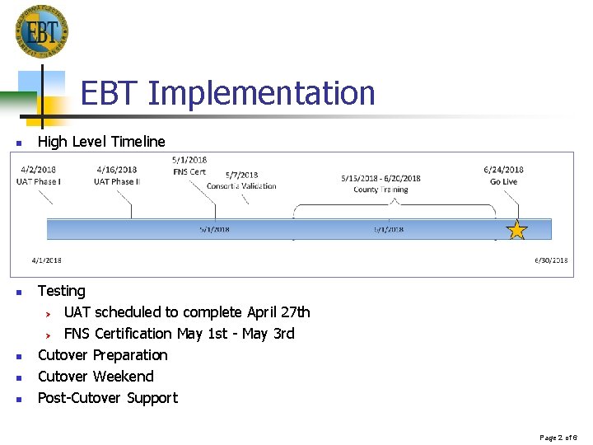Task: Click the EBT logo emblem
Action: coord(41,31)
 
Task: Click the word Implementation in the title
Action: coord(261,93)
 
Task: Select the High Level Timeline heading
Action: coord(101,142)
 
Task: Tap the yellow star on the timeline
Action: coord(516,230)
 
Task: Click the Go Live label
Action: coord(503,181)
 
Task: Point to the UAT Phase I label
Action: coord(38,181)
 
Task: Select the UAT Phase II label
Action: coord(116,181)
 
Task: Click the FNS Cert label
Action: coord(189,171)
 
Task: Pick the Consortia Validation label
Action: coord(240,186)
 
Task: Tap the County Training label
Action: coord(381,190)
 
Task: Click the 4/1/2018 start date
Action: coord(46,260)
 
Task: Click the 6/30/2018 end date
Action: coord(551,260)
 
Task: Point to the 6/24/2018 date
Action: coord(503,171)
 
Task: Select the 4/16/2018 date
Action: coord(116,171)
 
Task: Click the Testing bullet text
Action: coord(61,291)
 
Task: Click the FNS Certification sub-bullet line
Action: coord(179,334)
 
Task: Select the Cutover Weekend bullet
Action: coord(96,377)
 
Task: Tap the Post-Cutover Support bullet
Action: coord(107,398)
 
